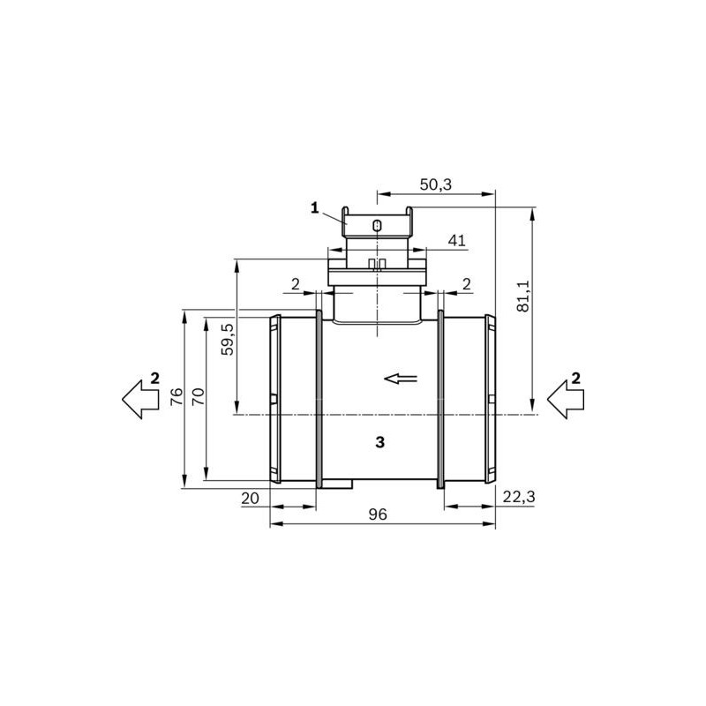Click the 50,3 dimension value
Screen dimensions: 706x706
pos(435,184)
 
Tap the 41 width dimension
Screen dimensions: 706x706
pos(456,240)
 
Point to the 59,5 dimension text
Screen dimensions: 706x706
pos(228,339)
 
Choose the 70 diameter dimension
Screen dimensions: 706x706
pos(198,397)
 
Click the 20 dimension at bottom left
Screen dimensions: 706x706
pos(250,499)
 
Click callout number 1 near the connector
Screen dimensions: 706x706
pos(313,207)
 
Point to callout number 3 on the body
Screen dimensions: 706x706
pos(379,442)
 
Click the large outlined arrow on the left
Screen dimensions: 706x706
pos(137,397)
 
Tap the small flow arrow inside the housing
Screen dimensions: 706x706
pos(401,379)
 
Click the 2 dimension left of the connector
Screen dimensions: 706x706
pos(295,283)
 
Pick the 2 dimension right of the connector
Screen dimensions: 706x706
pos(465,283)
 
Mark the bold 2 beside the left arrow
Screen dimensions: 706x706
pos(154,378)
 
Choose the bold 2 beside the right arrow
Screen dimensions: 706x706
pos(576,378)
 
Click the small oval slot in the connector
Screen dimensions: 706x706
pos(377,226)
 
